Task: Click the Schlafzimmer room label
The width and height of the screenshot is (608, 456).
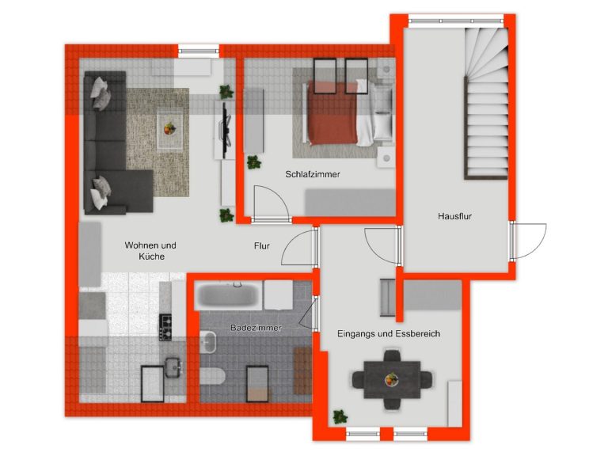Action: click(313, 174)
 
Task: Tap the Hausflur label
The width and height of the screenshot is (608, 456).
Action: click(455, 216)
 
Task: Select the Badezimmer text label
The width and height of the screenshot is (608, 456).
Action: click(256, 328)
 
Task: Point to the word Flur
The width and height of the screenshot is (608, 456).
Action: click(262, 246)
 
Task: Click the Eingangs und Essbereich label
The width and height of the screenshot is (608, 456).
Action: click(389, 333)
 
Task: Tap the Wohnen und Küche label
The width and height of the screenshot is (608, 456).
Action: click(150, 251)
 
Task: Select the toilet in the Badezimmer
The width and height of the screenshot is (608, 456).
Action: click(212, 376)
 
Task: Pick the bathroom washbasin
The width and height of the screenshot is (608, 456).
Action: click(208, 342)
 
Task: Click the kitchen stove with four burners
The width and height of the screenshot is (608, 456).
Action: click(165, 328)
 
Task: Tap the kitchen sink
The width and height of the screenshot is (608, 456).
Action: click(173, 367)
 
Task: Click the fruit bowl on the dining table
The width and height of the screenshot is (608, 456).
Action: click(392, 379)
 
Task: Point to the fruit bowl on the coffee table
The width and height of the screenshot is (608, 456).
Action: click(169, 128)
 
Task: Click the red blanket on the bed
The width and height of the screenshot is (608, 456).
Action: click(332, 112)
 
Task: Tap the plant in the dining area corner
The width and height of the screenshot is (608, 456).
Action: click(340, 417)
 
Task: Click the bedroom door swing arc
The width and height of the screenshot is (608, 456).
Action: click(279, 196)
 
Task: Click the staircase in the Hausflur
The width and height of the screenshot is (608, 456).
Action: click(487, 104)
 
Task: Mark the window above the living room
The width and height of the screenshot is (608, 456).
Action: click(199, 51)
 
